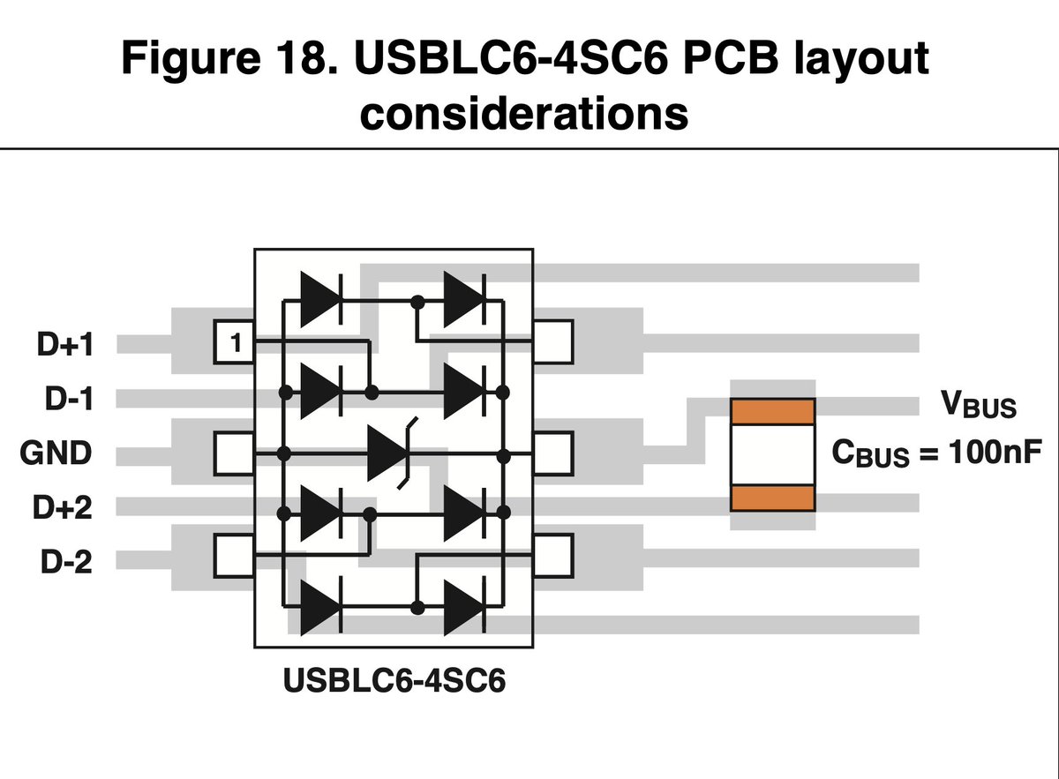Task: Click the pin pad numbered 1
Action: point(234,341)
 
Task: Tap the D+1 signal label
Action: point(65,344)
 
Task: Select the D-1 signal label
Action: point(69,399)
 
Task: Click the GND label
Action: point(56,453)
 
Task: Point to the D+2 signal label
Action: point(63,507)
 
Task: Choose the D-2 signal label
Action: point(66,562)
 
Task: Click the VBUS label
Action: point(978,405)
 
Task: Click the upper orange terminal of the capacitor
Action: point(772,412)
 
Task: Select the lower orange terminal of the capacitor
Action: point(772,498)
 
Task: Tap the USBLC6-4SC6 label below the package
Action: point(394,681)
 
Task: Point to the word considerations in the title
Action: point(524,114)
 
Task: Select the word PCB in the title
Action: point(730,57)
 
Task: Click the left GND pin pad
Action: point(234,453)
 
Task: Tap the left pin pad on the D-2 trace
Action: point(234,556)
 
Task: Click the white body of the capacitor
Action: point(772,454)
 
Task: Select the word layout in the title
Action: point(861,58)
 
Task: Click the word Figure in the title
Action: point(191,60)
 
